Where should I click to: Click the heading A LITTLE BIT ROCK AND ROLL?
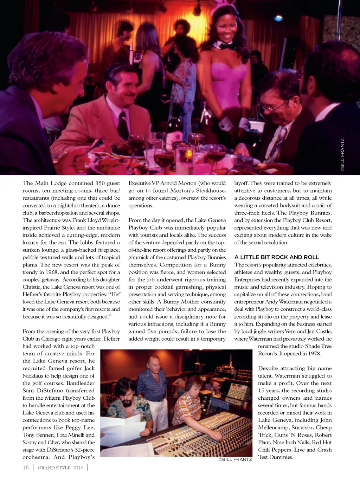coord(277,257)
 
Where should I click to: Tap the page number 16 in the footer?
coord(26,468)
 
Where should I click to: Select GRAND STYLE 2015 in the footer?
coord(60,468)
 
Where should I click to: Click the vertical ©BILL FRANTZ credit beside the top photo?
coord(342,155)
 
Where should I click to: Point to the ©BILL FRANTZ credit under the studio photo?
coord(235,459)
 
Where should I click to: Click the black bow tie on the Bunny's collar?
coord(224,46)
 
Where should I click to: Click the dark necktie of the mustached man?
coord(123,125)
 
